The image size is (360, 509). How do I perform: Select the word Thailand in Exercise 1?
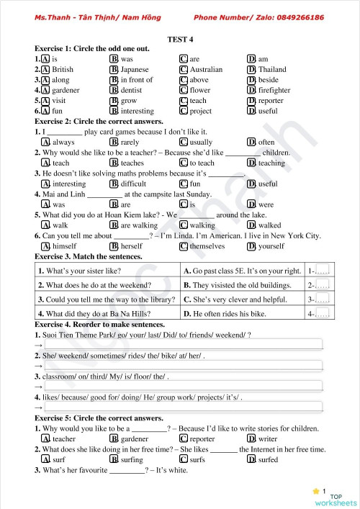271,70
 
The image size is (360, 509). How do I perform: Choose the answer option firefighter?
274,91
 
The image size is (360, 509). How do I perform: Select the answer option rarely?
130,143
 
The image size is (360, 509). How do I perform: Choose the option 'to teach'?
202,163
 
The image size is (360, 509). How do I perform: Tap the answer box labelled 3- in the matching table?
322,299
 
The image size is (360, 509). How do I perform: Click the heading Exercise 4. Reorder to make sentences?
99,325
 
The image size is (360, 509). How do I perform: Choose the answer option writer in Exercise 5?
267,438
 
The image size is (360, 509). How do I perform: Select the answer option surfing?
132,459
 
